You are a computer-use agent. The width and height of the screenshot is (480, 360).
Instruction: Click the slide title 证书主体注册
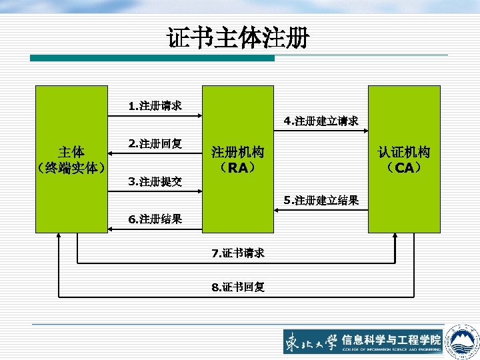(x=238, y=38)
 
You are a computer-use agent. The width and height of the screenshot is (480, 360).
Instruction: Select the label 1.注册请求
(x=155, y=105)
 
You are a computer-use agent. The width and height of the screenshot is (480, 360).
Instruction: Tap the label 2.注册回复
(x=155, y=143)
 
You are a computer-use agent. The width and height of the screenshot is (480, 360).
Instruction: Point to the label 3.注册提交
(x=155, y=181)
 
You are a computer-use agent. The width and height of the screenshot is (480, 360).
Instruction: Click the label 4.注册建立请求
(x=321, y=121)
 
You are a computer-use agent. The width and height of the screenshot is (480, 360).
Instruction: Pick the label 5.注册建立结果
(x=321, y=200)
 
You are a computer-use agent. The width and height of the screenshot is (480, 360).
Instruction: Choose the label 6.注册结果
(x=155, y=219)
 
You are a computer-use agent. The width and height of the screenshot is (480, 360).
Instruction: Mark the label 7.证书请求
(x=238, y=253)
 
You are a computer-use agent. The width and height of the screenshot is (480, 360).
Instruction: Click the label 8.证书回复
(x=238, y=287)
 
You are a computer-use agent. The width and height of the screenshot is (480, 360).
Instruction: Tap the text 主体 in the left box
(x=71, y=151)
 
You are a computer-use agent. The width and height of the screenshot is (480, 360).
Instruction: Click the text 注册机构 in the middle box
(x=237, y=152)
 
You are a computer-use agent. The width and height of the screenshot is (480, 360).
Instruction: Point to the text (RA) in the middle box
(x=237, y=167)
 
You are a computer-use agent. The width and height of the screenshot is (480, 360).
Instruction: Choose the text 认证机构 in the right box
(x=404, y=152)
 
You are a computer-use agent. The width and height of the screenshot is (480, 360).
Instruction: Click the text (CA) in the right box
(x=404, y=167)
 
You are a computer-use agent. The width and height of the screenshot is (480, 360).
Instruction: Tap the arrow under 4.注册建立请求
(x=320, y=131)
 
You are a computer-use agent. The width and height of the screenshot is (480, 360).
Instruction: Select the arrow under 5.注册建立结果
(x=320, y=210)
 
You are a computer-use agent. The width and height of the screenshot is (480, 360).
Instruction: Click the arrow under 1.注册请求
(x=155, y=116)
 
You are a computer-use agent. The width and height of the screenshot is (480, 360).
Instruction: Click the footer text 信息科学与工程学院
(x=392, y=339)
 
